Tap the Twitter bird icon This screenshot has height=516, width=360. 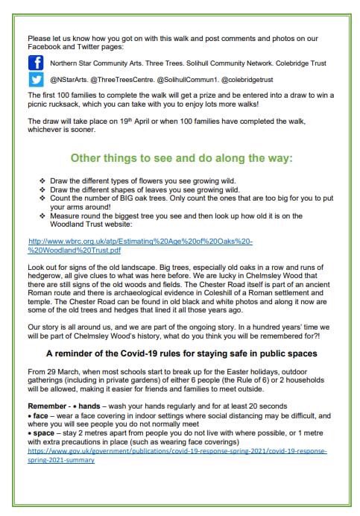(x=36, y=80)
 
